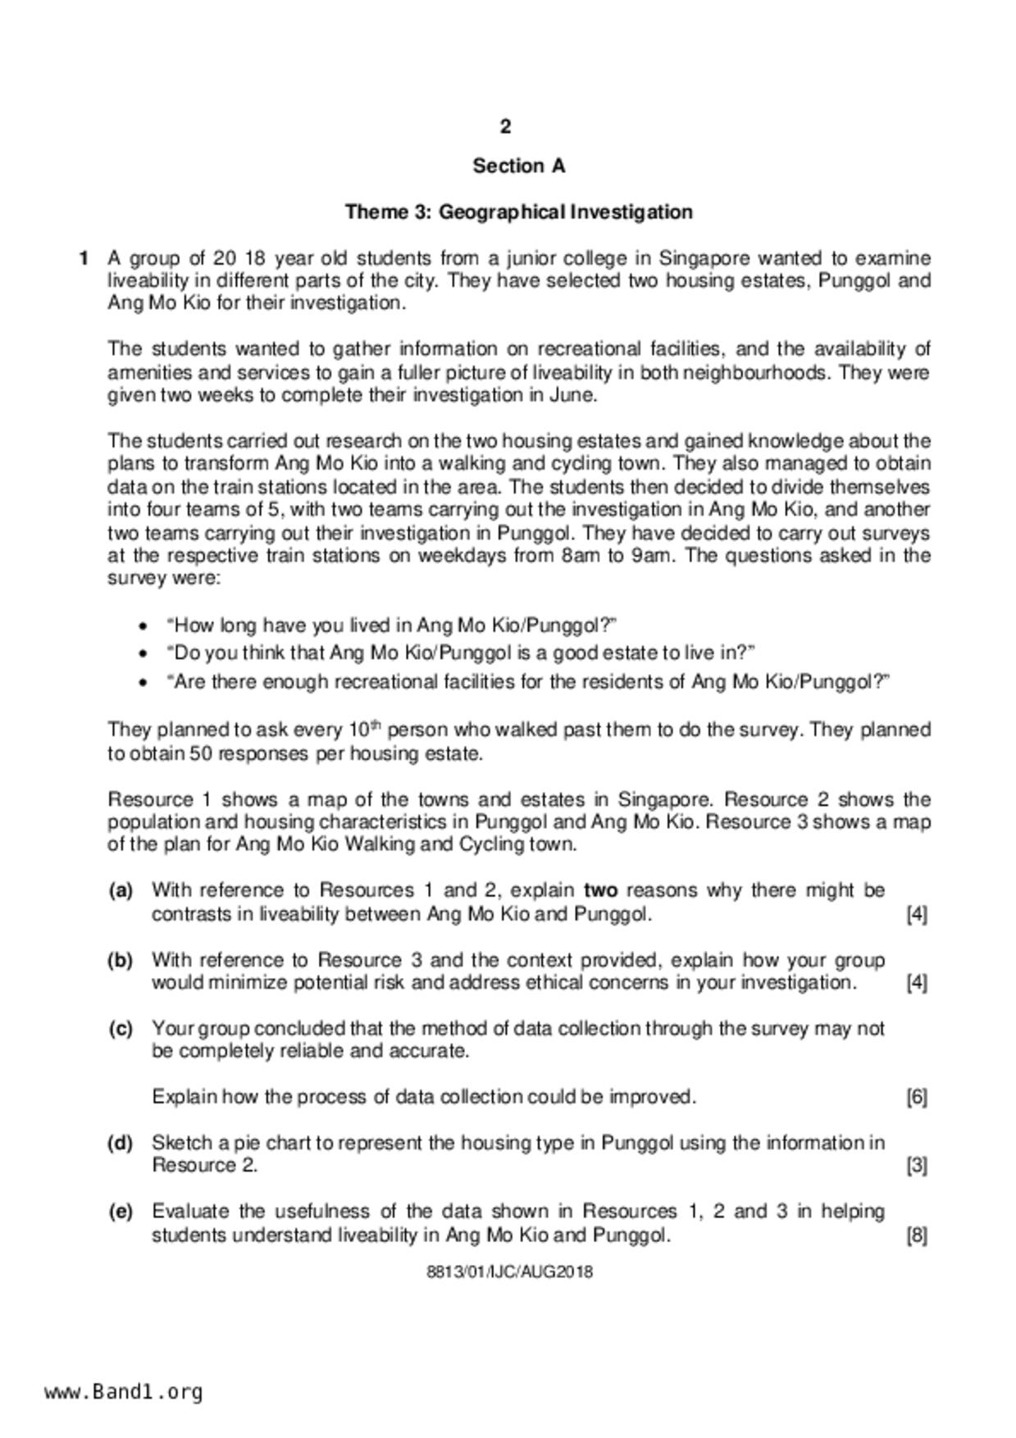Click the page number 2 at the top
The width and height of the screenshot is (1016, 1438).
(x=505, y=126)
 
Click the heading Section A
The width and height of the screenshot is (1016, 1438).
(x=518, y=166)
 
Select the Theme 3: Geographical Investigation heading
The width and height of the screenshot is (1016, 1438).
(x=518, y=212)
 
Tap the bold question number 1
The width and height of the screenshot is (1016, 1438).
(x=84, y=258)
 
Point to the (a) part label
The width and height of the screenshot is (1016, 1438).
(x=121, y=890)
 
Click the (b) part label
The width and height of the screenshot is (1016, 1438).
(x=121, y=960)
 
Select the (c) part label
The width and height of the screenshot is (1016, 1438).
(x=121, y=1029)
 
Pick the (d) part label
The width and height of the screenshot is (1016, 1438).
(x=121, y=1143)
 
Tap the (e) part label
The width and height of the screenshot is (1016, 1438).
(x=121, y=1212)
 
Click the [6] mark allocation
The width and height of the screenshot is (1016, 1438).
(x=917, y=1097)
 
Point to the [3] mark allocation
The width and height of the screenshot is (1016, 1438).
(x=917, y=1166)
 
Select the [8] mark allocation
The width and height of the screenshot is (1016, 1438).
(x=917, y=1235)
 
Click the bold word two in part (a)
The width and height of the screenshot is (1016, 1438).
(x=601, y=890)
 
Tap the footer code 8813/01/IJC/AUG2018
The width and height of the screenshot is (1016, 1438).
(x=509, y=1272)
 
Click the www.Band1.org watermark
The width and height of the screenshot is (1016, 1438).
(x=123, y=1391)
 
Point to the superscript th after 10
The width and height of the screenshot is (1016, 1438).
(x=377, y=725)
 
